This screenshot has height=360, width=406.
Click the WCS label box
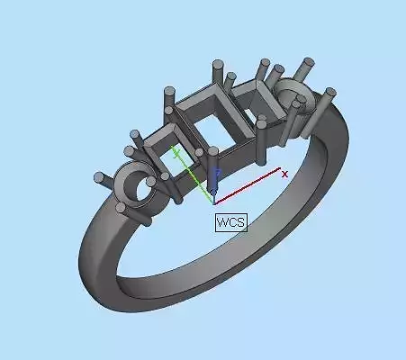point(230,221)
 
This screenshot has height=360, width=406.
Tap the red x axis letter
point(285,174)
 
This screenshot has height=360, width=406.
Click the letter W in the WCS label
point(221,221)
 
